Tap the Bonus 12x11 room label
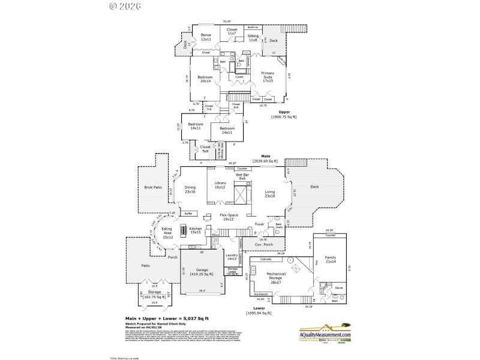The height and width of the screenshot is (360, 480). pyautogui.click(x=206, y=37)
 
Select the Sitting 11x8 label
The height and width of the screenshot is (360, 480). pyautogui.click(x=253, y=38)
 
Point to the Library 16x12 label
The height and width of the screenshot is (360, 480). pyautogui.click(x=220, y=185)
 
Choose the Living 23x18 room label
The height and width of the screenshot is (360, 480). pyautogui.click(x=270, y=194)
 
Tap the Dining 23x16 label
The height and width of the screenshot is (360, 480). pyautogui.click(x=190, y=189)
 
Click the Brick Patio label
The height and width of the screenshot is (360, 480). pyautogui.click(x=153, y=187)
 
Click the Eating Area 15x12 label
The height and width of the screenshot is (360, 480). pyautogui.click(x=167, y=235)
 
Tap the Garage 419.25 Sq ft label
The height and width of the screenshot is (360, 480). pyautogui.click(x=202, y=272)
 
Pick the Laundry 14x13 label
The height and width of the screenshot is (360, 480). pyautogui.click(x=232, y=258)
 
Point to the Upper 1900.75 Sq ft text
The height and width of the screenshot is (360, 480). pyautogui.click(x=284, y=114)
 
